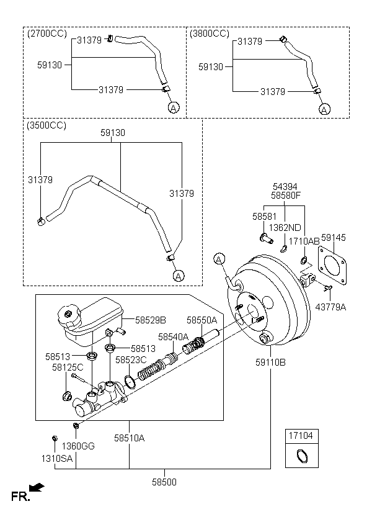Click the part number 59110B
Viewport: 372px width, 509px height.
[x=270, y=362]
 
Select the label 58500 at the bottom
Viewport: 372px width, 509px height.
[x=165, y=482]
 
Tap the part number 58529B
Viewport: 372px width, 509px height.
[x=151, y=320]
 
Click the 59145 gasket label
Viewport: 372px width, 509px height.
[x=334, y=237]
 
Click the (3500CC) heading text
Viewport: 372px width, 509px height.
[x=46, y=125]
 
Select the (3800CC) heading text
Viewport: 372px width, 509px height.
[x=210, y=33]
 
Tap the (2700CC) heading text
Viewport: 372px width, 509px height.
[x=47, y=33]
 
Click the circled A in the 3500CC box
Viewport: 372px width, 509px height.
[x=178, y=275]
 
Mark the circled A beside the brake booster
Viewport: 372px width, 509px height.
[x=218, y=258]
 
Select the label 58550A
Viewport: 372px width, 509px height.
[x=202, y=320]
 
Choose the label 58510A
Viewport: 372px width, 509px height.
[x=129, y=438]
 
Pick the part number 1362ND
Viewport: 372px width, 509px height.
[x=286, y=228]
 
